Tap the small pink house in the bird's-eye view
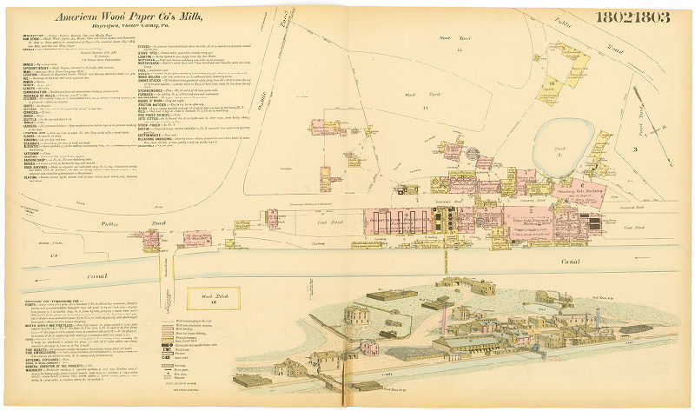pos(368,348)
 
